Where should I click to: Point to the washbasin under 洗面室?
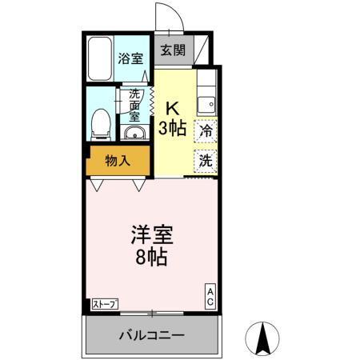click(x=134, y=133)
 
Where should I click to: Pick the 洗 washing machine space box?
click(x=206, y=159)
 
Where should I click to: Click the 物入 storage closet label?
click(x=118, y=160)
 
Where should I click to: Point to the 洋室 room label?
click(x=152, y=238)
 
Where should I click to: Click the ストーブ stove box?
click(x=105, y=304)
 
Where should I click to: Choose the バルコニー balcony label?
click(x=152, y=334)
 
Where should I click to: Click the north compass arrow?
click(x=263, y=338)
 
